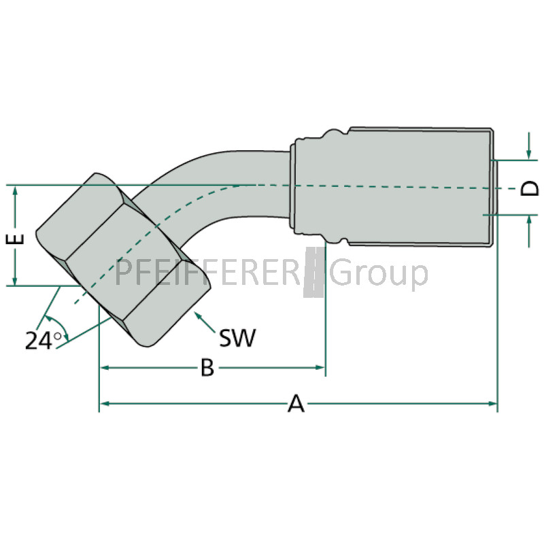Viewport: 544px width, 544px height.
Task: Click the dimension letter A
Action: (x=296, y=403)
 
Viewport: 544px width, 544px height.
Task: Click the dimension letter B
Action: (x=207, y=367)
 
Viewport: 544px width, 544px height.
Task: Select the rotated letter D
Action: (x=530, y=188)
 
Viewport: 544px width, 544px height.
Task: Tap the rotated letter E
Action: (x=15, y=239)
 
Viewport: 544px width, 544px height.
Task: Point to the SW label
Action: (x=237, y=337)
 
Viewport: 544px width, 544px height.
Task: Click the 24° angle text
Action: (x=43, y=341)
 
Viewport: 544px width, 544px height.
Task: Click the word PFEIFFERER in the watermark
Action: (x=207, y=273)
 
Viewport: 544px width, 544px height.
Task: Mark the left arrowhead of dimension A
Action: (x=105, y=403)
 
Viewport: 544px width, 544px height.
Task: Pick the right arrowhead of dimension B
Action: (x=320, y=367)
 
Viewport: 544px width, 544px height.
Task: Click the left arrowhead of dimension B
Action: (x=105, y=367)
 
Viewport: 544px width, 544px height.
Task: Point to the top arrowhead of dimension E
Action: (x=15, y=191)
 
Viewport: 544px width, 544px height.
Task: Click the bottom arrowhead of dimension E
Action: (x=15, y=280)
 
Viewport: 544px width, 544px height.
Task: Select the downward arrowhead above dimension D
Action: (x=528, y=154)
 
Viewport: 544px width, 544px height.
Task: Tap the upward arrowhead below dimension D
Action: (x=529, y=220)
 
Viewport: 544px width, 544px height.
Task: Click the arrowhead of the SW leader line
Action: (x=198, y=316)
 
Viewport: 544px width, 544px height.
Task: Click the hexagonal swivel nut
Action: (x=123, y=260)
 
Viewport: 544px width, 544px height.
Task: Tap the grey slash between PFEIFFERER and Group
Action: (x=314, y=273)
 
